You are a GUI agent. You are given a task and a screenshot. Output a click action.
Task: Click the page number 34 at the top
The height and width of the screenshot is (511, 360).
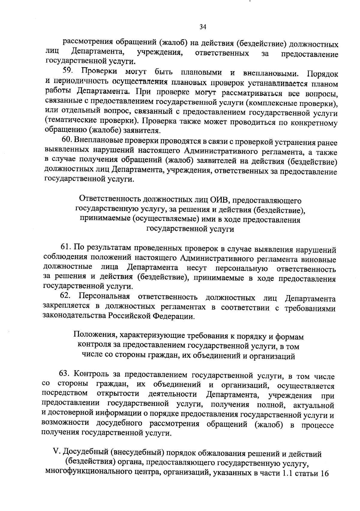[203, 27]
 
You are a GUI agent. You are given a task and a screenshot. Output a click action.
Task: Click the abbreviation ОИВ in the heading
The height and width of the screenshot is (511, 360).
[220, 200]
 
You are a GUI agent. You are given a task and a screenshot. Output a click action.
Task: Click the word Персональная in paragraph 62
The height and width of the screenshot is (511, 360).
[104, 297]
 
